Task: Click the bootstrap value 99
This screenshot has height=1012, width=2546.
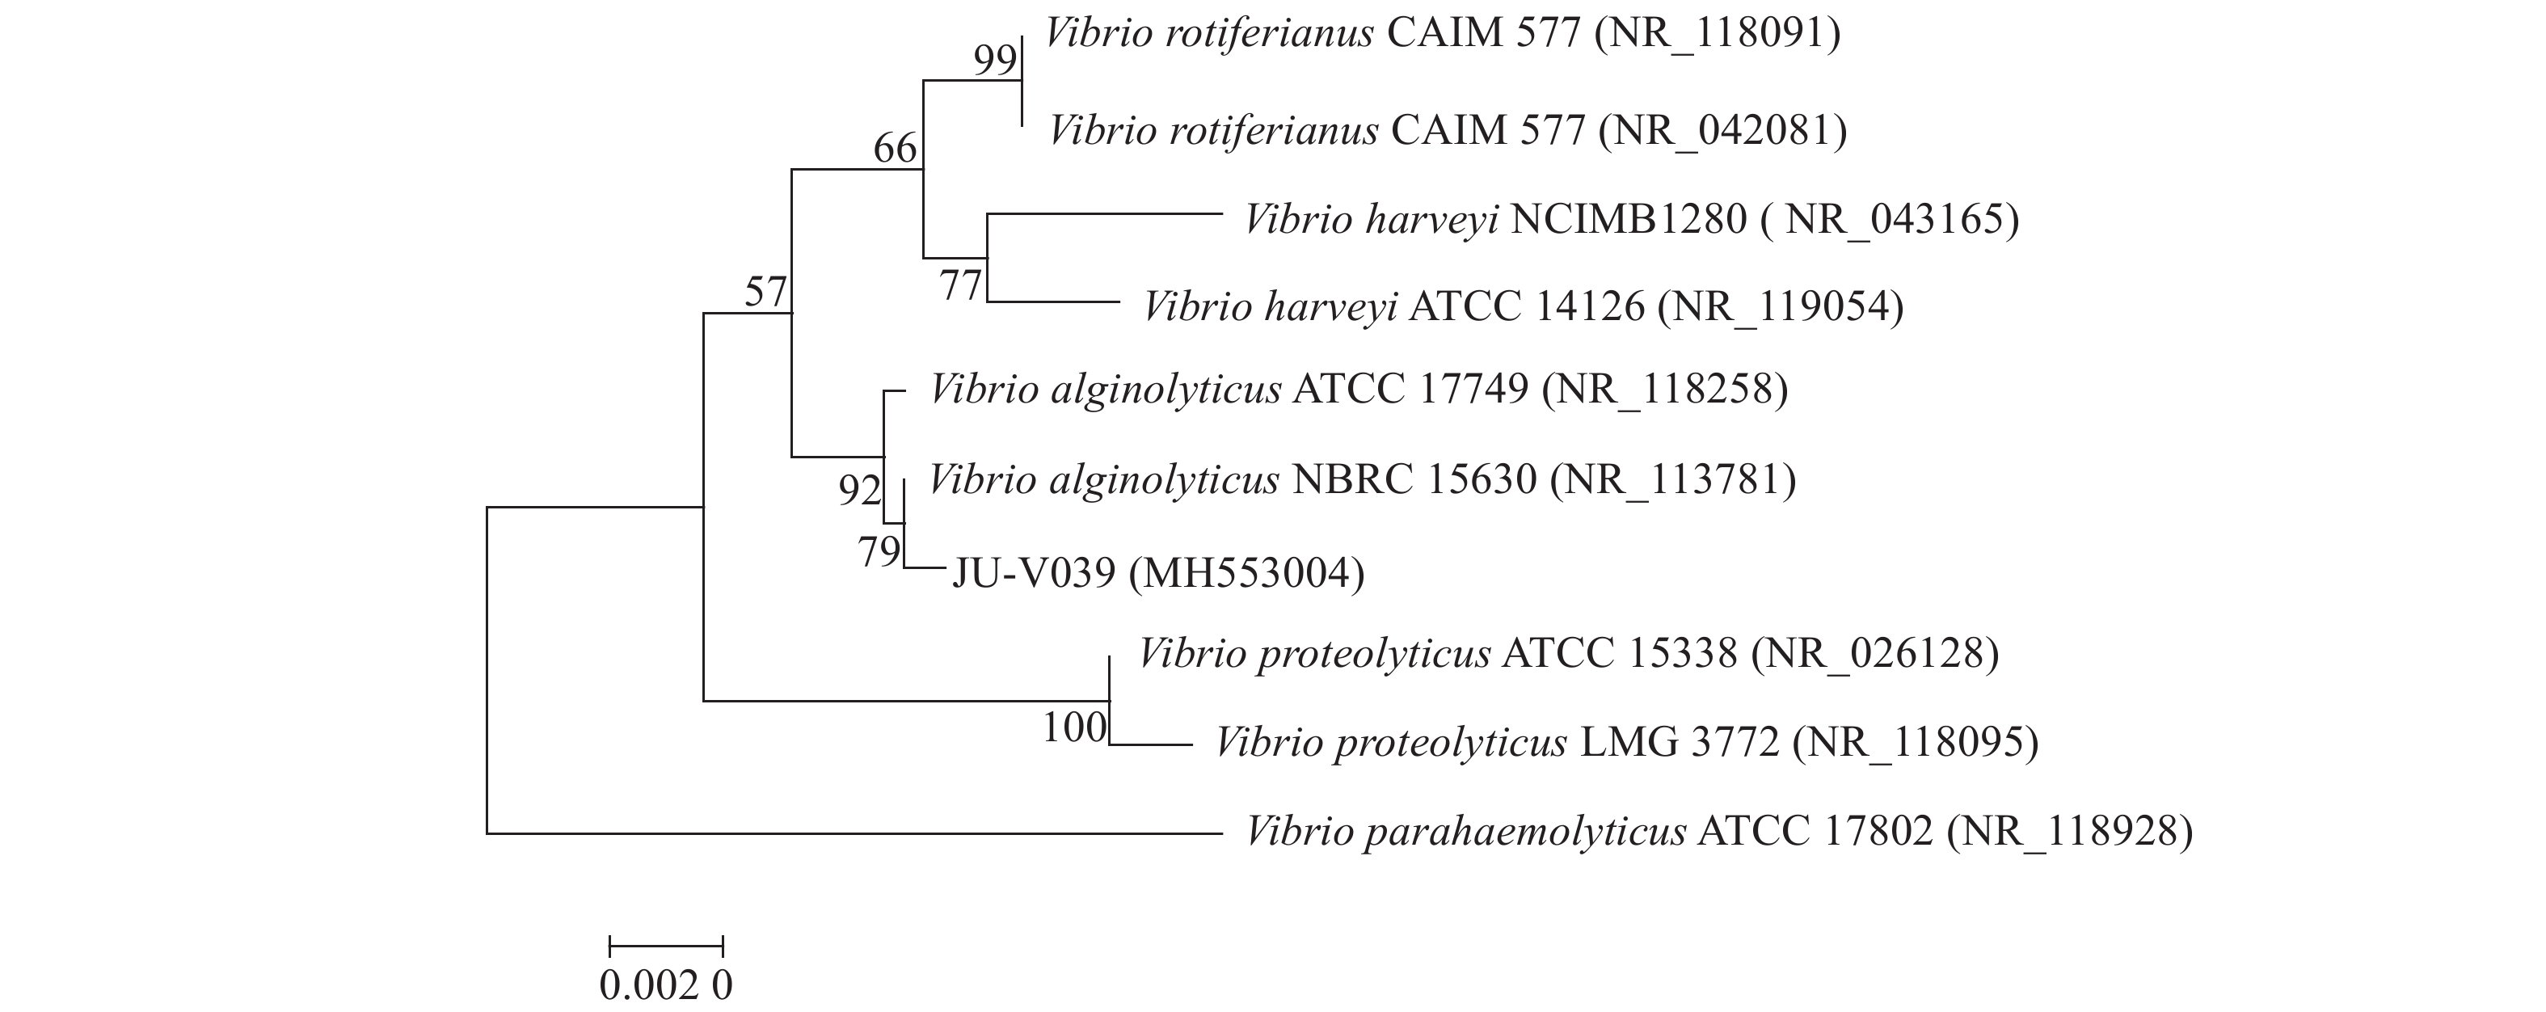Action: (994, 61)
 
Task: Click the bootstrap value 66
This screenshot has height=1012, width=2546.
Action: (896, 150)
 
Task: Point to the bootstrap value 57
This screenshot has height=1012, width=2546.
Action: (766, 293)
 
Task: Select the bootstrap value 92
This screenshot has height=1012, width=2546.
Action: (859, 490)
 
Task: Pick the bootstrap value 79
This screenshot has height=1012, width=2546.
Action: (879, 552)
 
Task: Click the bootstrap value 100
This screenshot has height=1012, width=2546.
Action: (1074, 728)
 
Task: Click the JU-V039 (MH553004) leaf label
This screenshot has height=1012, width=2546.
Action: (1157, 573)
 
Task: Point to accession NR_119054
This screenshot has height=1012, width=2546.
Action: (1780, 307)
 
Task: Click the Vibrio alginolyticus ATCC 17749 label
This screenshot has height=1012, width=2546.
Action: (1358, 390)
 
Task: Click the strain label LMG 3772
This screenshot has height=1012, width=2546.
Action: (1680, 742)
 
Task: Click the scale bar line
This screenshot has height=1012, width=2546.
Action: (666, 947)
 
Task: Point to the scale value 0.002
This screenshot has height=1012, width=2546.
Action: (649, 985)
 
